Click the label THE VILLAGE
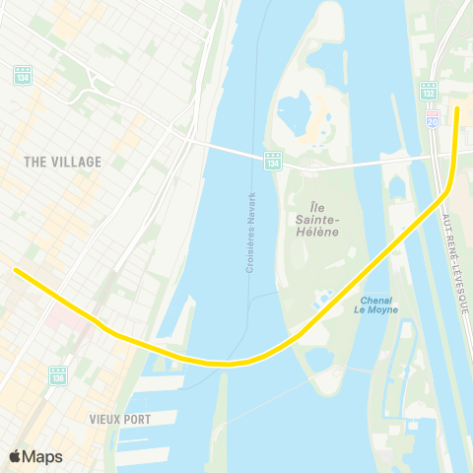pos(63,162)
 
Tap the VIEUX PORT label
pos(119,419)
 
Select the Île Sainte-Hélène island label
pos(316,219)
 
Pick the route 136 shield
pos(58,375)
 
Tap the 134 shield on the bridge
pos(273,160)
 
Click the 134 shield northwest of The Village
pos(23,74)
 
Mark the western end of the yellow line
pos(15,269)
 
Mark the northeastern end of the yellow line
pos(457,108)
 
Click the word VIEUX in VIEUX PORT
pos(104,419)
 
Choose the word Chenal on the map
pos(376,300)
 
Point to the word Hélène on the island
pos(316,232)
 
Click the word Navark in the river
pos(252,208)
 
